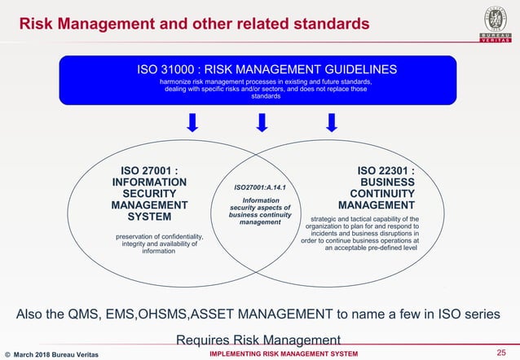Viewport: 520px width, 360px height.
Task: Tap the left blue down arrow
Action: pos(192,123)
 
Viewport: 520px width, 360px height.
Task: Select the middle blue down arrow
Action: pos(262,123)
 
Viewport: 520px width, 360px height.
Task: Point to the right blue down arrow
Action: pos(331,123)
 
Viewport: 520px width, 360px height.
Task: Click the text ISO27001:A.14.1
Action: pos(260,188)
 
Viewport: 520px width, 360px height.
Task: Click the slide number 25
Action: pos(500,352)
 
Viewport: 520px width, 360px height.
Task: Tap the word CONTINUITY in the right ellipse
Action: pos(382,194)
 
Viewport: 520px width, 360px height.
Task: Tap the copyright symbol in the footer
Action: pos(8,353)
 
